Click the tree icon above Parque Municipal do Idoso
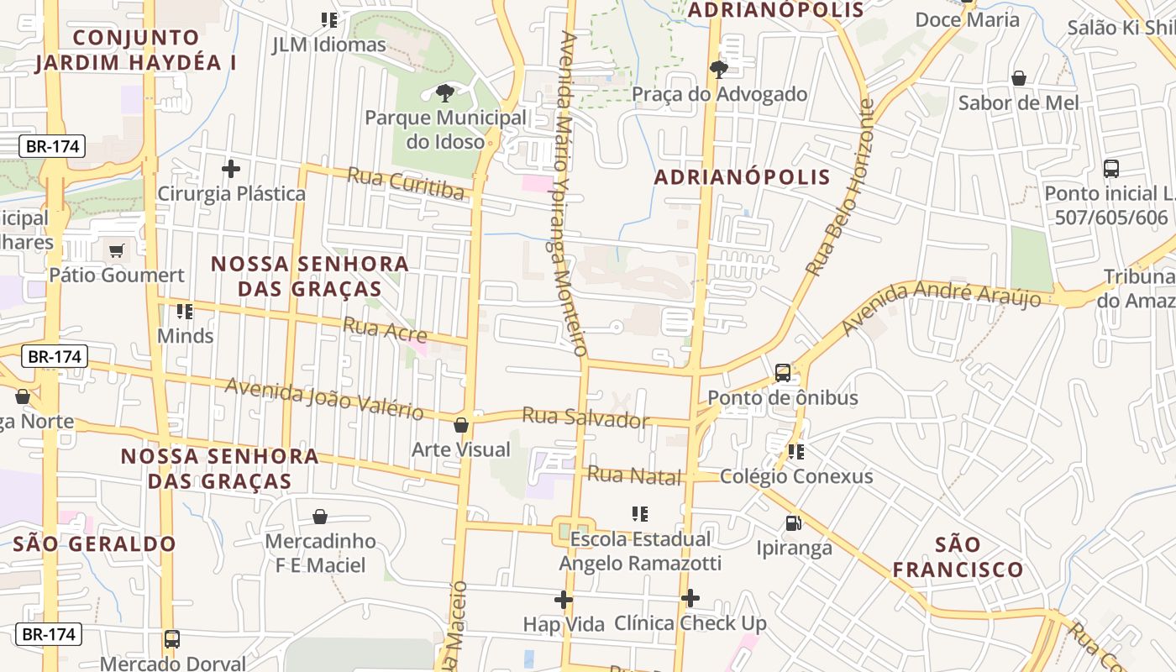[x=445, y=92]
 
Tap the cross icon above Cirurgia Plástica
[x=231, y=169]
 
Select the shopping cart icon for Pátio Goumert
[x=117, y=250]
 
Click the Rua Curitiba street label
[x=405, y=184]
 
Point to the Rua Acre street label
[x=386, y=329]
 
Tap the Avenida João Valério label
[x=324, y=398]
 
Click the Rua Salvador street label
[x=585, y=417]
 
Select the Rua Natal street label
[x=634, y=475]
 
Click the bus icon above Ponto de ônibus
[x=783, y=372]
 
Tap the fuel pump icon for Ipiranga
[x=793, y=523]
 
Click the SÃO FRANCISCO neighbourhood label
[x=958, y=557]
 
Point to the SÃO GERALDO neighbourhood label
[x=95, y=543]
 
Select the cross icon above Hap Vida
[x=564, y=600]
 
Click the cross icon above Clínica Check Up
[x=690, y=598]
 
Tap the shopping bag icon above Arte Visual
[x=461, y=425]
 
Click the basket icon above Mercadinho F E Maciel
[x=320, y=516]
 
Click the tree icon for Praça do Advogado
[x=719, y=69]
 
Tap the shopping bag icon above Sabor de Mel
[x=1019, y=78]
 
